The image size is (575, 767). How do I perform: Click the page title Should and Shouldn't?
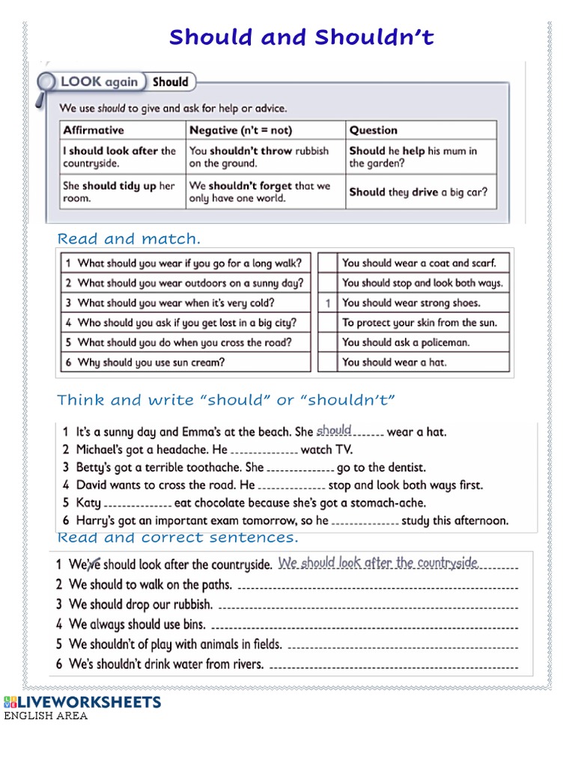pyautogui.click(x=301, y=37)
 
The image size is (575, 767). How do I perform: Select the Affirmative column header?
pyautogui.click(x=94, y=130)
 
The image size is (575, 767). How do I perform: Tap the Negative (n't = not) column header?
pyautogui.click(x=240, y=130)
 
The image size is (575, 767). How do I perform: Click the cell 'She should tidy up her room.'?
pyautogui.click(x=119, y=192)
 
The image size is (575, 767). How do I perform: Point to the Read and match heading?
pyautogui.click(x=129, y=239)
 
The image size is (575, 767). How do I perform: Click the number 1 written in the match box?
pyautogui.click(x=327, y=303)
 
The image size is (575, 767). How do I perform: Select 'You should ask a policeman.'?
pyautogui.click(x=406, y=342)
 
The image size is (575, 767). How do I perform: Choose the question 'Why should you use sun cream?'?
pyautogui.click(x=151, y=362)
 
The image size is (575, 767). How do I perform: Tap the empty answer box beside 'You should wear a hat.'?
pyautogui.click(x=327, y=362)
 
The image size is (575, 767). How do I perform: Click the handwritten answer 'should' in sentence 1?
pyautogui.click(x=334, y=430)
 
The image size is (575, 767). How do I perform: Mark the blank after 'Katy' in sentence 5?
pyautogui.click(x=138, y=504)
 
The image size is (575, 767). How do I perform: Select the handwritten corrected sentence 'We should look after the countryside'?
pyautogui.click(x=378, y=563)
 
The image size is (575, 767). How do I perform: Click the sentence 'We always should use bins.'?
pyautogui.click(x=138, y=624)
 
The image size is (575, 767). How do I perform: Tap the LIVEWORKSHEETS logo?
pyautogui.click(x=82, y=702)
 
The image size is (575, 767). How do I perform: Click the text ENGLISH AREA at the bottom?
pyautogui.click(x=46, y=716)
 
